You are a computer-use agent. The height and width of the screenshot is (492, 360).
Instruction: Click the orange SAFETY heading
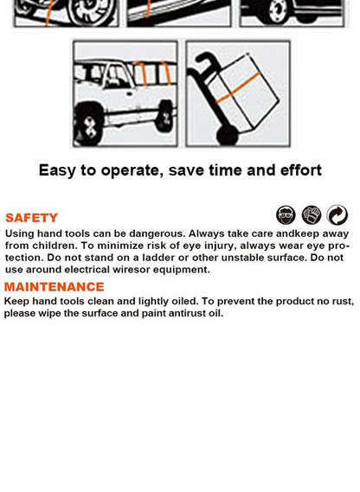31,218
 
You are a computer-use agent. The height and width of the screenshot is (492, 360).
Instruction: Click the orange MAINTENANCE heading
54,287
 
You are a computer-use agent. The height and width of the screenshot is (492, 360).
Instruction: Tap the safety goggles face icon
286,215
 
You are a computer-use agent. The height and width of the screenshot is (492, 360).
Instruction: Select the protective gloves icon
312,215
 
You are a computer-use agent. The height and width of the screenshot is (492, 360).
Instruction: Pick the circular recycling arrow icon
337,215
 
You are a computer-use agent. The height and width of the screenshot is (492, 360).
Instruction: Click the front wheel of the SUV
88,124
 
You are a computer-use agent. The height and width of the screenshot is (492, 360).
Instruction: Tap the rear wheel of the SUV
165,117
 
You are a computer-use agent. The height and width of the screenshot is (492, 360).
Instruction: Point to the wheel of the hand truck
228,135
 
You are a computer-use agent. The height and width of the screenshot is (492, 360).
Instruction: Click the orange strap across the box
238,88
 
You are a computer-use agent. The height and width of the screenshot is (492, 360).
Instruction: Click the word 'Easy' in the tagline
57,170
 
